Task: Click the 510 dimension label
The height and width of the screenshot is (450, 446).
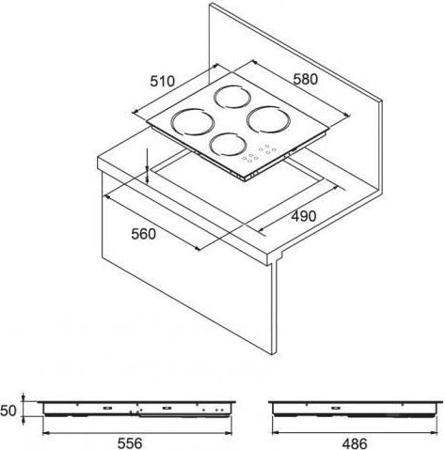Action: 162,81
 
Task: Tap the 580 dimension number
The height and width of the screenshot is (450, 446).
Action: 305,79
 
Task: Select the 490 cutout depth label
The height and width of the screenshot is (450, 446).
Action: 304,216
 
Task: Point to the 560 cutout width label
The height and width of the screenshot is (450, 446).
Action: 143,234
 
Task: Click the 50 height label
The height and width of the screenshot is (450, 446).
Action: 8,411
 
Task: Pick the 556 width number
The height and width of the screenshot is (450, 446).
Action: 130,443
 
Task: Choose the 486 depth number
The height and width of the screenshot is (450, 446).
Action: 355,443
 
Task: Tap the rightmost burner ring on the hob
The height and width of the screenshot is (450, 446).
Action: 268,119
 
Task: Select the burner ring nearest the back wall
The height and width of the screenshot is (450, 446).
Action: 232,97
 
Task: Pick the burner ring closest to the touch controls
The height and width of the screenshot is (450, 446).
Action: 228,145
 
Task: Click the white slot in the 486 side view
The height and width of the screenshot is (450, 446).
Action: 336,408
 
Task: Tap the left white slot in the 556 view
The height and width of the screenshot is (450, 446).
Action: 107,408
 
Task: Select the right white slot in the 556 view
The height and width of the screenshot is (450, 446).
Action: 167,408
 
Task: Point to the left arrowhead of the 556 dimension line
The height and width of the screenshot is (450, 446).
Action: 44,433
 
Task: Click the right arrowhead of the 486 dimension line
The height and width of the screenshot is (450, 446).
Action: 435,433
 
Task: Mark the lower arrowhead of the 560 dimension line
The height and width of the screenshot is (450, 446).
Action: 197,248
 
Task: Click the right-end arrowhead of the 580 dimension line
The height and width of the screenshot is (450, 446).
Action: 347,115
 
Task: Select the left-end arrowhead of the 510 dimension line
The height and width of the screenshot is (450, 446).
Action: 135,111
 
